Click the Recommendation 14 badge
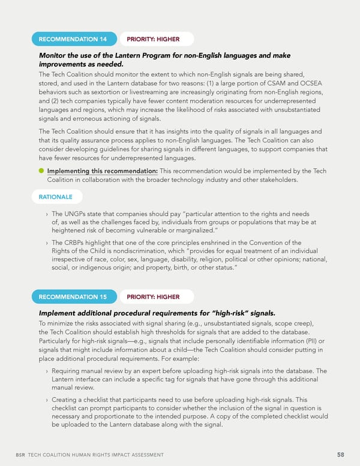click(73, 40)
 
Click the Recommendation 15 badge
click(73, 297)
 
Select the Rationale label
click(55, 196)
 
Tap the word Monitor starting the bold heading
click(55, 56)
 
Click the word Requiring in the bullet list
click(68, 371)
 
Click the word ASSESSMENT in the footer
click(142, 455)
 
